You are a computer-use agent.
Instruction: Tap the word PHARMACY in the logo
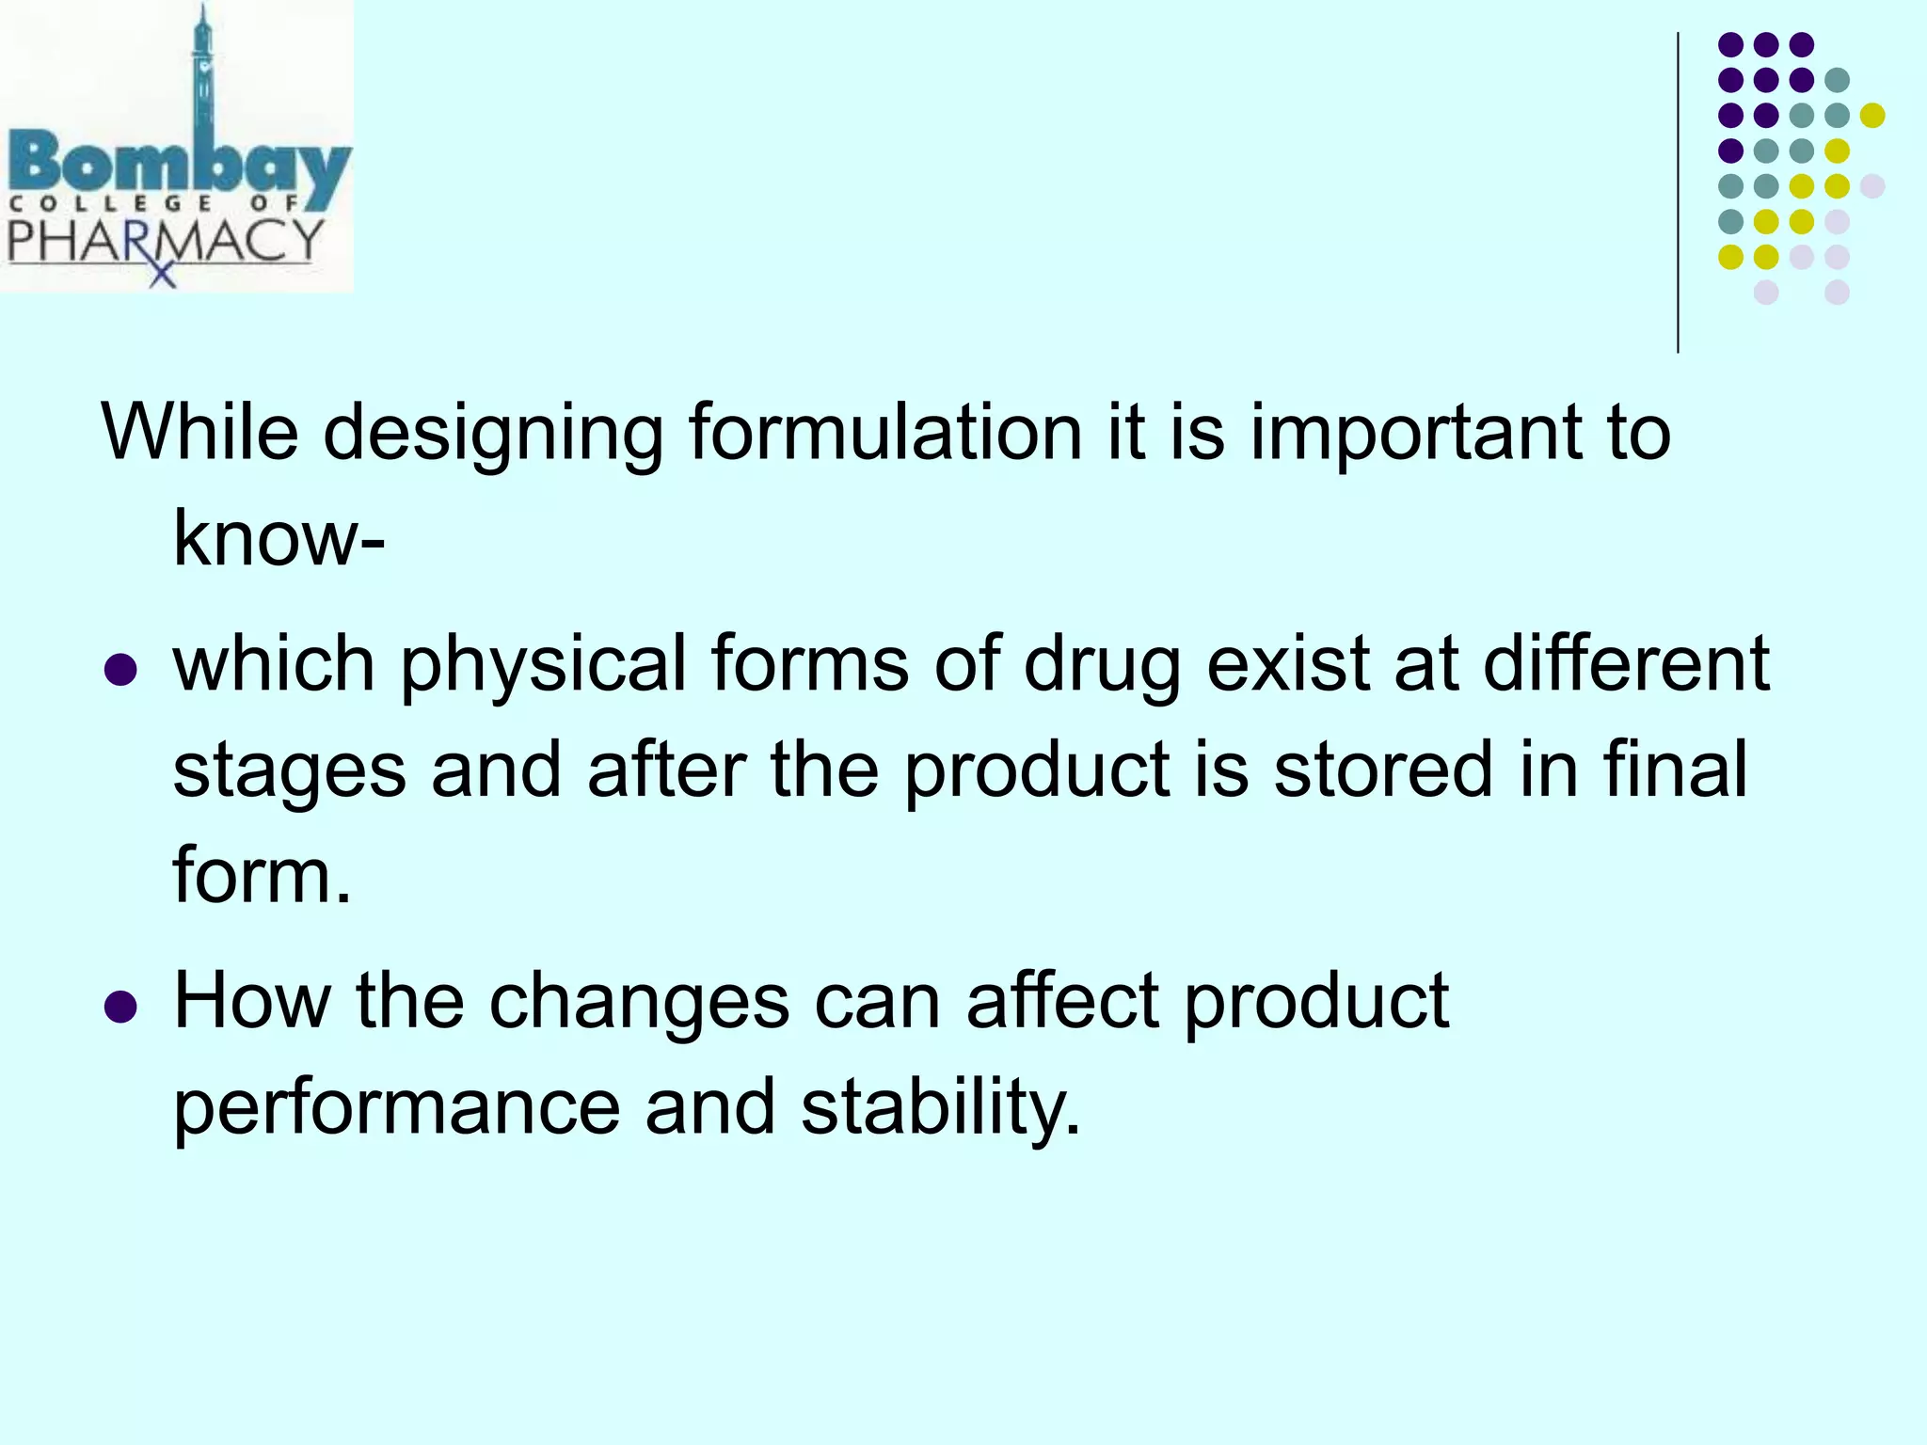point(166,241)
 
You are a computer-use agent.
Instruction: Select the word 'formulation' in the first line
point(885,433)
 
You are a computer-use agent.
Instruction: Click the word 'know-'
point(279,539)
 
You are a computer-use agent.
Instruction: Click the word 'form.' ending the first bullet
point(262,875)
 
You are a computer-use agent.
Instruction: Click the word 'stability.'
point(940,1108)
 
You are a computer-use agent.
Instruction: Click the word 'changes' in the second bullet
point(639,1003)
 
